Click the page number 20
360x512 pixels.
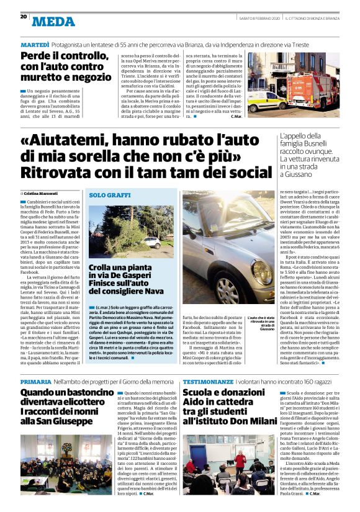coord(24,17)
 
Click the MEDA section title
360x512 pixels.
coord(53,21)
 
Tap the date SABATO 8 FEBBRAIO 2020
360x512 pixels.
coord(254,18)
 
